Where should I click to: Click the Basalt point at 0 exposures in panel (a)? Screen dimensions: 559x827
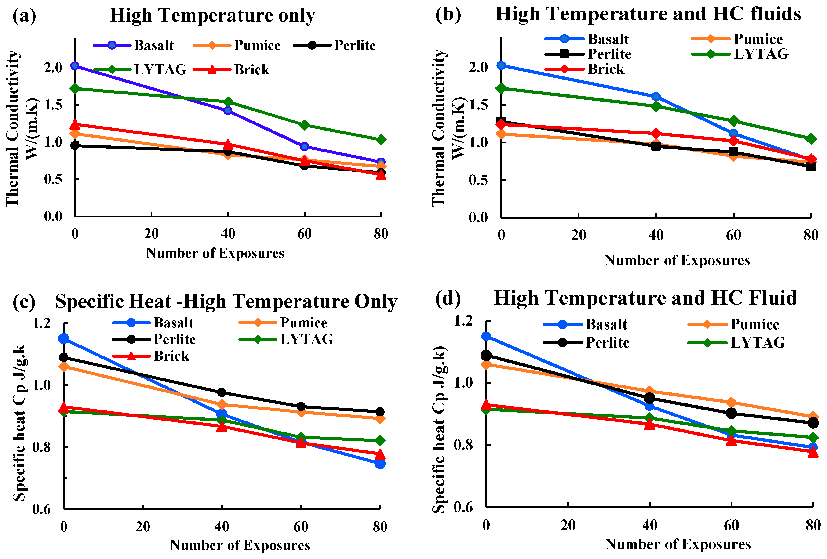75,65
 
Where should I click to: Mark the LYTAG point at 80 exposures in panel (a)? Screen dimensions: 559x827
381,139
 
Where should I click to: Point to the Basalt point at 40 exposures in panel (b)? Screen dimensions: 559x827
656,96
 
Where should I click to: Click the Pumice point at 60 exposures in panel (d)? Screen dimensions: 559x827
731,403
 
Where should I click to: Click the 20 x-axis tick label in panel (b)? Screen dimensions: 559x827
579,235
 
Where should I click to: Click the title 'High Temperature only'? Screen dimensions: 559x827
212,15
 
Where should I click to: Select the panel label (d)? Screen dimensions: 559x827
448,298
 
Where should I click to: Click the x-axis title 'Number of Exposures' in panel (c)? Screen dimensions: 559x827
240,545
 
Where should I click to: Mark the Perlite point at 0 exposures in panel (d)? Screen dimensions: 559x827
486,355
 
